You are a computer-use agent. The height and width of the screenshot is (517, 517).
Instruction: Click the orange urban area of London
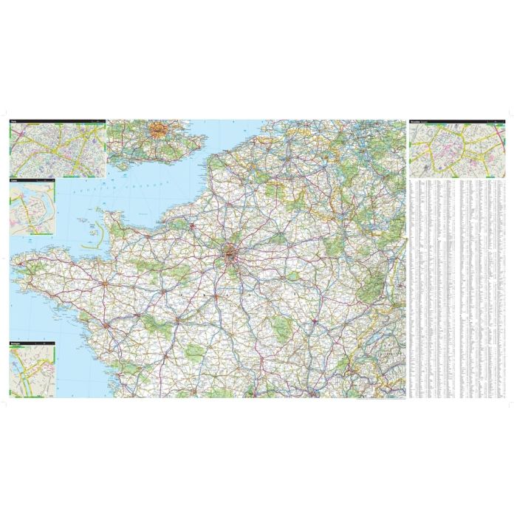pos(159,131)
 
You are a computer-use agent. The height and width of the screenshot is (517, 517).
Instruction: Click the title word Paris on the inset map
pos(14,122)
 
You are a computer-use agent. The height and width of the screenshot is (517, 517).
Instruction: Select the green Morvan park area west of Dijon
pos(284,325)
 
